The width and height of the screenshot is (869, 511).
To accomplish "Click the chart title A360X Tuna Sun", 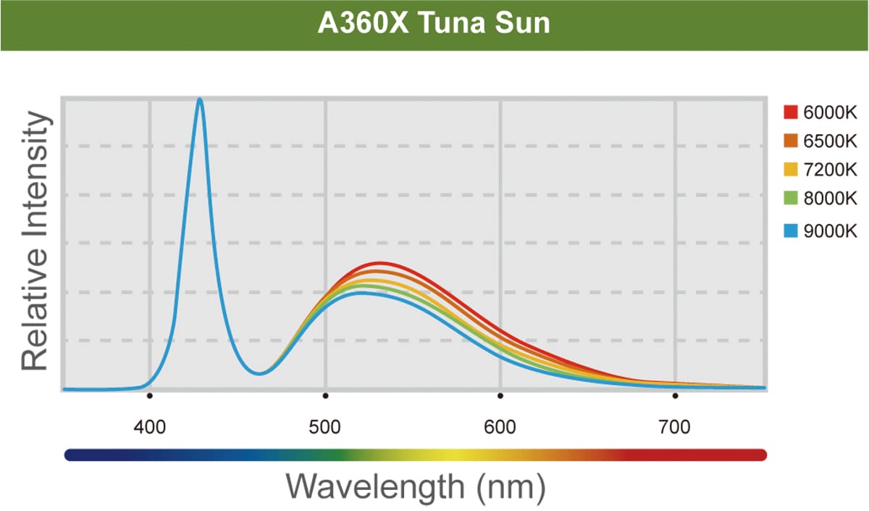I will coord(434,24).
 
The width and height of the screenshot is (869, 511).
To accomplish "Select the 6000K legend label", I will coord(830,112).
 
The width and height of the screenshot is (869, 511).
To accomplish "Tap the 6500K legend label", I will coord(830,141).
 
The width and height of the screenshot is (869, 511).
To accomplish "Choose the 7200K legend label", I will coord(830,170).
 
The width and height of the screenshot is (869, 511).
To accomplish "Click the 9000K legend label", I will coord(830,231).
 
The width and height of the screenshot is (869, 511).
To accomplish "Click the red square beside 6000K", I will coord(791,112).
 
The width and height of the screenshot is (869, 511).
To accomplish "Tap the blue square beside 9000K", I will coord(791,231).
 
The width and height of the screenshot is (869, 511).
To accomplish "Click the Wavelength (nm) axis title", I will coord(415,486).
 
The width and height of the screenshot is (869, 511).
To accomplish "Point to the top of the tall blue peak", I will coord(200,100).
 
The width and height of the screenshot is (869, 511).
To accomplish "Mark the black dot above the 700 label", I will coord(675,396).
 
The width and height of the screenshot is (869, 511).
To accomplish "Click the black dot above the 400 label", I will coord(150,396).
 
